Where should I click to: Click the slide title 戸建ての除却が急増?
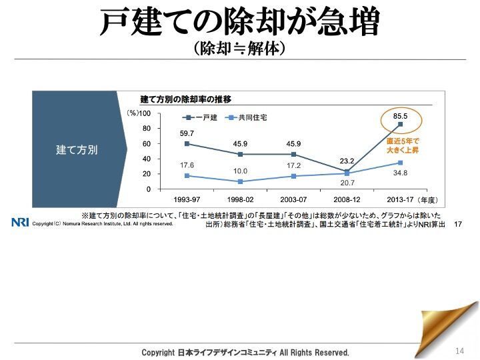point(239,22)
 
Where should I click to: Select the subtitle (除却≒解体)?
point(239,49)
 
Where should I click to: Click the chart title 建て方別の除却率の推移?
point(185,99)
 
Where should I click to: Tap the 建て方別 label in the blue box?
point(77,150)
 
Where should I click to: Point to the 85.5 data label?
point(400,116)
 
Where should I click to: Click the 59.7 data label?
point(187,133)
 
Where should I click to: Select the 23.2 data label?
point(347,161)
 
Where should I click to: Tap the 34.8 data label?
point(400,173)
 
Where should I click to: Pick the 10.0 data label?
point(240,171)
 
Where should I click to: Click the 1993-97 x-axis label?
point(187,199)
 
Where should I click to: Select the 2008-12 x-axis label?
point(347,199)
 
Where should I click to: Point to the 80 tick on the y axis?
point(146,129)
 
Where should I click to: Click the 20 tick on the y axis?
point(146,174)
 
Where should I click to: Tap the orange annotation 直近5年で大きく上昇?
point(403,146)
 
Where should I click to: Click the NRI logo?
point(21,223)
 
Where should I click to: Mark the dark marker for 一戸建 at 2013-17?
point(400,125)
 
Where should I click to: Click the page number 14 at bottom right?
point(459,351)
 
